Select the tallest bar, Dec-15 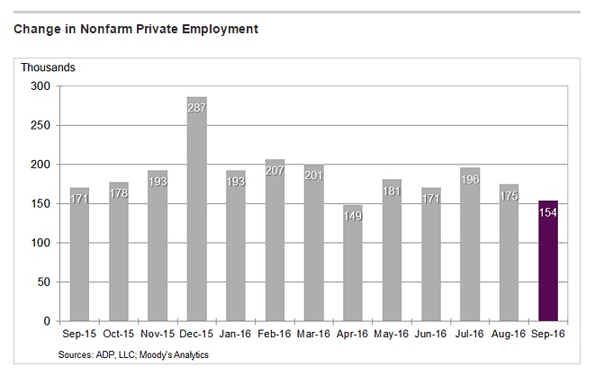[196, 216]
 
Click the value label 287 [196, 106]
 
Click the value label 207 [275, 169]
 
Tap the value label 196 [470, 177]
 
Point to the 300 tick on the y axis [39, 85]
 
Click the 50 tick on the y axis [41, 282]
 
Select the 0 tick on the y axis [45, 321]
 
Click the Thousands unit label [50, 67]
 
